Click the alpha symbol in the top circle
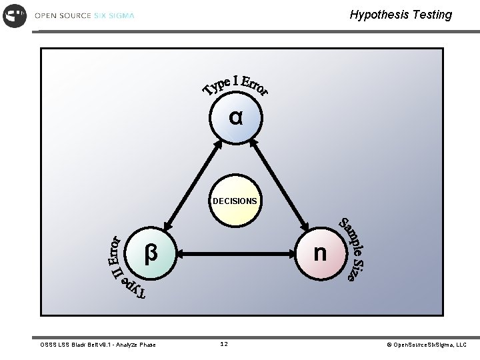(235, 118)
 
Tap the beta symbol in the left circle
(151, 253)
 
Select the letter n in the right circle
(320, 253)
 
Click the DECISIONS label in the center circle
(235, 201)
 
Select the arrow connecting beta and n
(236, 253)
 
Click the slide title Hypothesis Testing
(401, 15)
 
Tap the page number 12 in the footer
(224, 345)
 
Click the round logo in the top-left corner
(15, 15)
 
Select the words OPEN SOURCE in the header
(63, 15)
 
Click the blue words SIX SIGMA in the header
(114, 15)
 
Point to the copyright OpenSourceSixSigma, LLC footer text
(427, 345)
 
